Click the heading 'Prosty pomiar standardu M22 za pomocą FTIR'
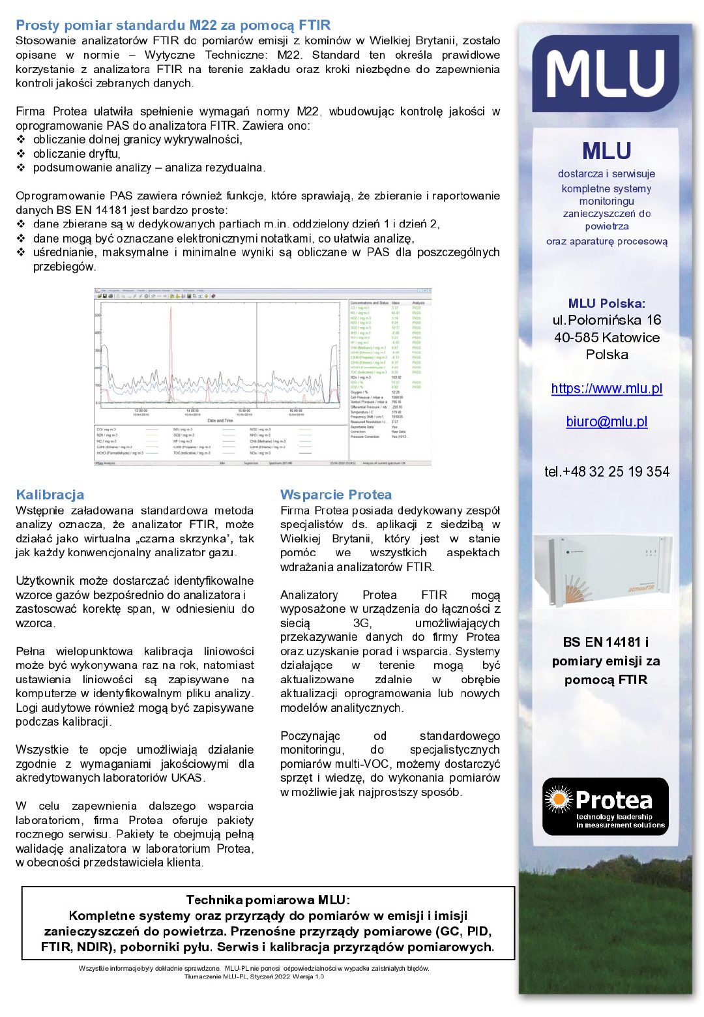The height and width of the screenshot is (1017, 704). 173,25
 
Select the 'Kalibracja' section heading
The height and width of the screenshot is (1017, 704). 50,495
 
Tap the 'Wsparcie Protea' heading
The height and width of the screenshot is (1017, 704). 336,495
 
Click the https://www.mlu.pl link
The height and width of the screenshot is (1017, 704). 606,389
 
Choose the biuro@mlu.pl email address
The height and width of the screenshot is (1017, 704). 606,422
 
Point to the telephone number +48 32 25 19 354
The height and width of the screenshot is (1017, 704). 606,471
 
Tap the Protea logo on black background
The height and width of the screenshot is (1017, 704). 606,806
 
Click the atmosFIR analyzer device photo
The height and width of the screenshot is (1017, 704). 602,570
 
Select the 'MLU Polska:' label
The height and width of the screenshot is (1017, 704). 606,303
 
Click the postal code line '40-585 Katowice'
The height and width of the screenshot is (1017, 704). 606,338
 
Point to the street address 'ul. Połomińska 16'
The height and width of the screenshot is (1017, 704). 606,320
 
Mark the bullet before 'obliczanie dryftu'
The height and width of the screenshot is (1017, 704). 21,154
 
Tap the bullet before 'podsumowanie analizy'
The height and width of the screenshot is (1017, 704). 21,168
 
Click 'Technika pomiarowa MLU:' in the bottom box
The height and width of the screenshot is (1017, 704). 268,900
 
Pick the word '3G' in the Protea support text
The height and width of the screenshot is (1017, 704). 361,623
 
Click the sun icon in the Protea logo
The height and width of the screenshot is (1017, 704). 559,799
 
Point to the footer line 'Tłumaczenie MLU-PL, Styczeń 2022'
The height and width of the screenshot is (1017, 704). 254,977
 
